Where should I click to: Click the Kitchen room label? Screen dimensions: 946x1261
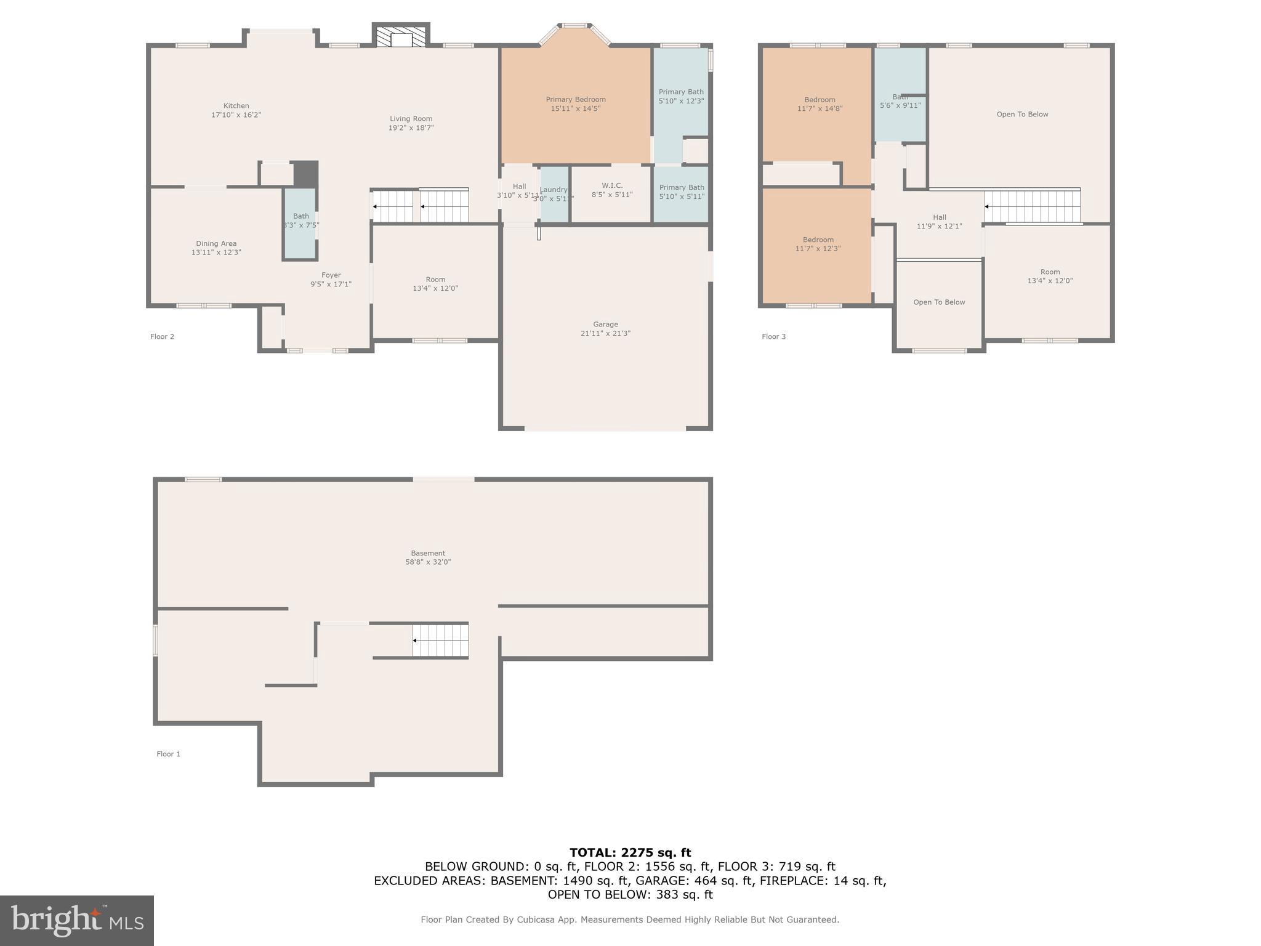click(236, 106)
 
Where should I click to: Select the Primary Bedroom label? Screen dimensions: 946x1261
click(575, 100)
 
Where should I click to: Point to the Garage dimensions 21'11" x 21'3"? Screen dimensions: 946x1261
click(605, 333)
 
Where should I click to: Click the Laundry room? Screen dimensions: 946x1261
click(554, 194)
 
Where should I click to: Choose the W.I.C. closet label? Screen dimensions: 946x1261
click(611, 185)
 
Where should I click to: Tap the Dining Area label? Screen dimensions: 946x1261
click(216, 243)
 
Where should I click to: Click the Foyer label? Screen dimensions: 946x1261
click(331, 275)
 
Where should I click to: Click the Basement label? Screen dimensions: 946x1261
click(428, 553)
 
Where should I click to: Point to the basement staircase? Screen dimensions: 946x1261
click(440, 641)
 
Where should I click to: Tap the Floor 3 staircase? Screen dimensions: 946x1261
click(1033, 206)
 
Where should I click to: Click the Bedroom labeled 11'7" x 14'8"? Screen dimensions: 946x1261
click(820, 104)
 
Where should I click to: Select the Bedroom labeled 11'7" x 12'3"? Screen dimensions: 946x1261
click(818, 244)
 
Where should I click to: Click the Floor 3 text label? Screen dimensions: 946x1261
click(773, 336)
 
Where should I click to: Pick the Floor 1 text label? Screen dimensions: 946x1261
click(168, 754)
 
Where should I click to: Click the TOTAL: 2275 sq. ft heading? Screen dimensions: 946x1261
click(630, 852)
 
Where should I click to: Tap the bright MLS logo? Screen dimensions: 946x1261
click(76, 920)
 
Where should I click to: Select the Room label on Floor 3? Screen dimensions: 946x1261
click(1050, 272)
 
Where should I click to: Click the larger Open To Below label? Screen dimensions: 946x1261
click(1022, 114)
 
